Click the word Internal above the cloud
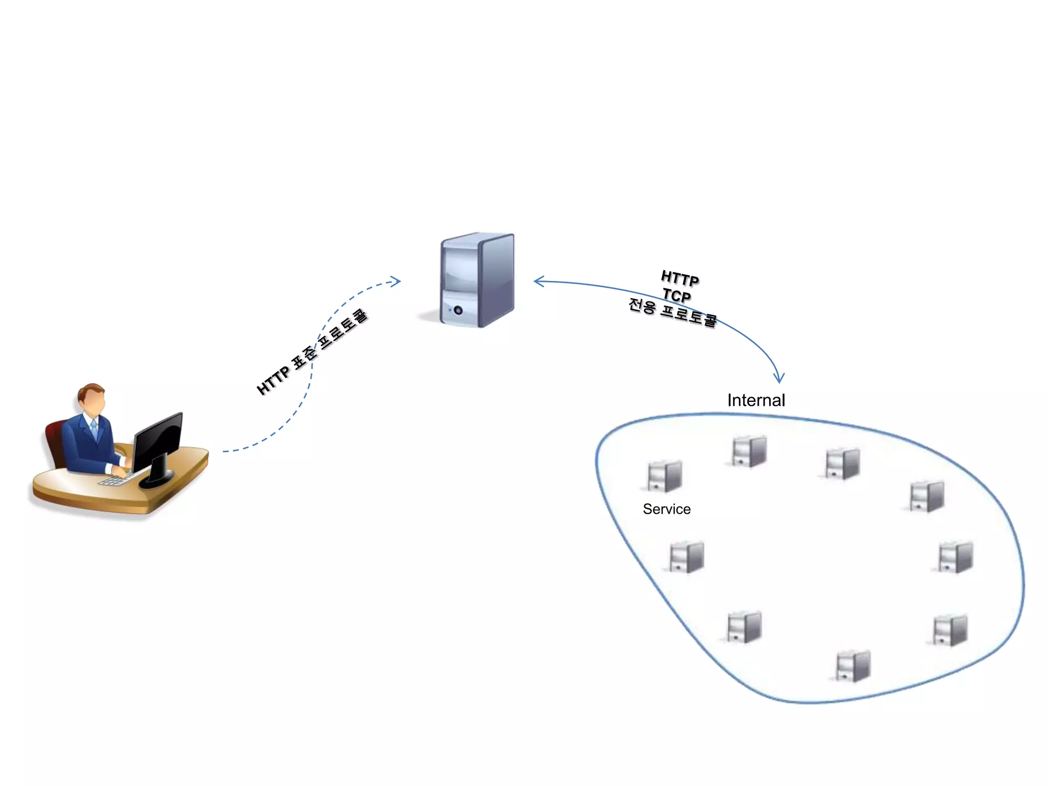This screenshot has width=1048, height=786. tap(756, 400)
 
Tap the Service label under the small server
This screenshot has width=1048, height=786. tap(666, 509)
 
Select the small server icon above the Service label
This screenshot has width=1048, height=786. tap(664, 476)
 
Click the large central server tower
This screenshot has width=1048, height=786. tap(478, 280)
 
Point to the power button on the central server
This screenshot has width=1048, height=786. tap(458, 311)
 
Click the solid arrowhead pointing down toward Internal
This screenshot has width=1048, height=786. tap(779, 378)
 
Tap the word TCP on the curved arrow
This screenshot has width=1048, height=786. tap(676, 295)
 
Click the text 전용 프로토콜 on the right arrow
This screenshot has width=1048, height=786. tap(672, 313)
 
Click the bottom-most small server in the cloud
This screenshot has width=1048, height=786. tap(853, 666)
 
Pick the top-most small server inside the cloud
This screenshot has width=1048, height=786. tap(749, 451)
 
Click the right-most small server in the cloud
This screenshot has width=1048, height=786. tap(955, 557)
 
